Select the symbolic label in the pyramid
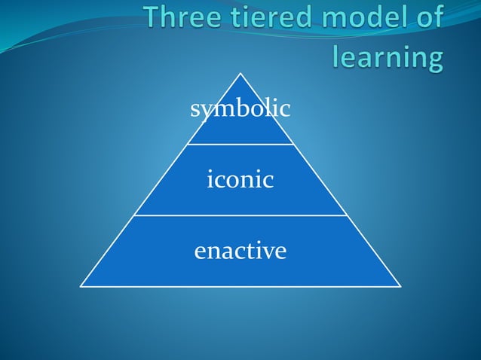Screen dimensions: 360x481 [x=240, y=110]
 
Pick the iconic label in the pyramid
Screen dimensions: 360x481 [x=240, y=180]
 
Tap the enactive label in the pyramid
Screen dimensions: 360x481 [x=240, y=250]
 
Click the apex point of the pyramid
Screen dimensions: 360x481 [x=240, y=73]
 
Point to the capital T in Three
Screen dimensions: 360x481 [x=156, y=20]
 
